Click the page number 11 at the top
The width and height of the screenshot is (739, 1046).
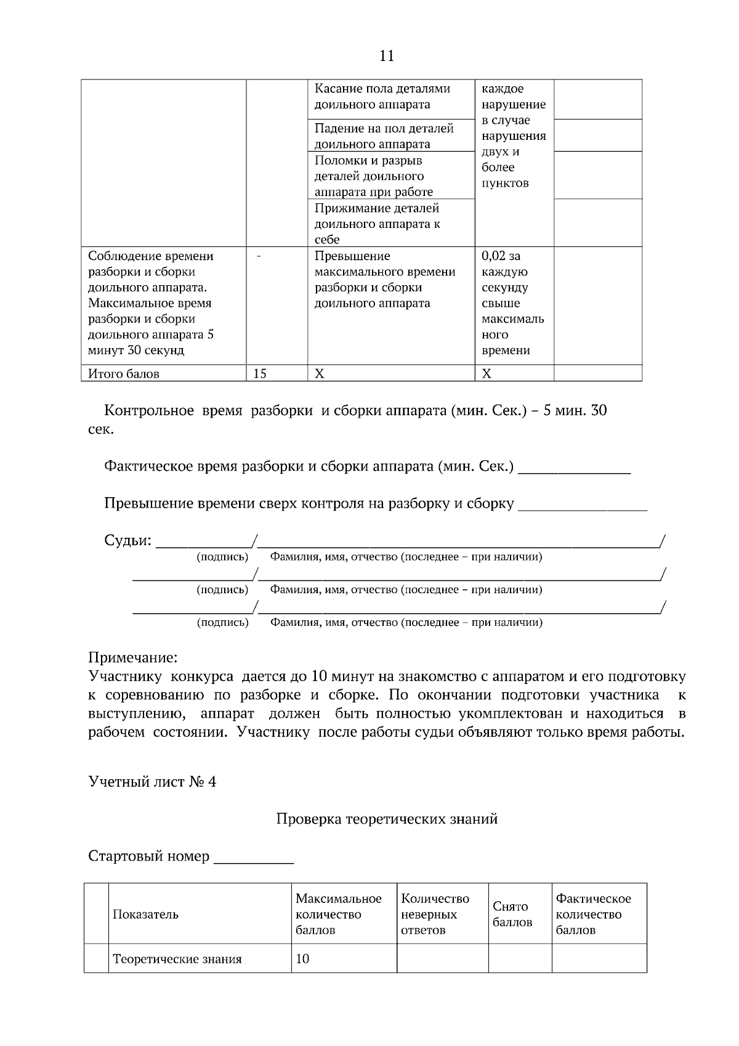pyautogui.click(x=387, y=56)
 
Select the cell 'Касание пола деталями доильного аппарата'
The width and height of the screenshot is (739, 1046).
pyautogui.click(x=382, y=97)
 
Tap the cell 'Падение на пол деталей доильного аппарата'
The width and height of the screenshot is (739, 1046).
pyautogui.click(x=384, y=136)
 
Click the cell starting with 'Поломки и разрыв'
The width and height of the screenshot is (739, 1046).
pyautogui.click(x=373, y=176)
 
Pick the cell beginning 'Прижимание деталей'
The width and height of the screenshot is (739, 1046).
pyautogui.click(x=377, y=224)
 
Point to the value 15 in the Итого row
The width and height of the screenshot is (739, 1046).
pyautogui.click(x=260, y=373)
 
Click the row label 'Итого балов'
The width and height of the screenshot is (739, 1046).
pyautogui.click(x=124, y=374)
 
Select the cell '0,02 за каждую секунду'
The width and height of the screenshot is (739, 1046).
pyautogui.click(x=512, y=303)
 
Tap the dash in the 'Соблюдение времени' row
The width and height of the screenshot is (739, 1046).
pyautogui.click(x=258, y=256)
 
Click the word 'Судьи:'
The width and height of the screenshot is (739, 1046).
pyautogui.click(x=127, y=540)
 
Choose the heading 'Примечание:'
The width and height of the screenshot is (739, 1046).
pyautogui.click(x=133, y=657)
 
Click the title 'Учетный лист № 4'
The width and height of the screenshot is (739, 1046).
pyautogui.click(x=152, y=782)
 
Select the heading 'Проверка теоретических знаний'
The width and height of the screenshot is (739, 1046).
pyautogui.click(x=387, y=819)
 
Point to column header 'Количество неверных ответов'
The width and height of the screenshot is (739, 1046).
pyautogui.click(x=435, y=914)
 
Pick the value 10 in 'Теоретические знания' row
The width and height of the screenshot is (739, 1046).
pyautogui.click(x=302, y=959)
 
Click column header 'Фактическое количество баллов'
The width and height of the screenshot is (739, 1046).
pyautogui.click(x=593, y=914)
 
